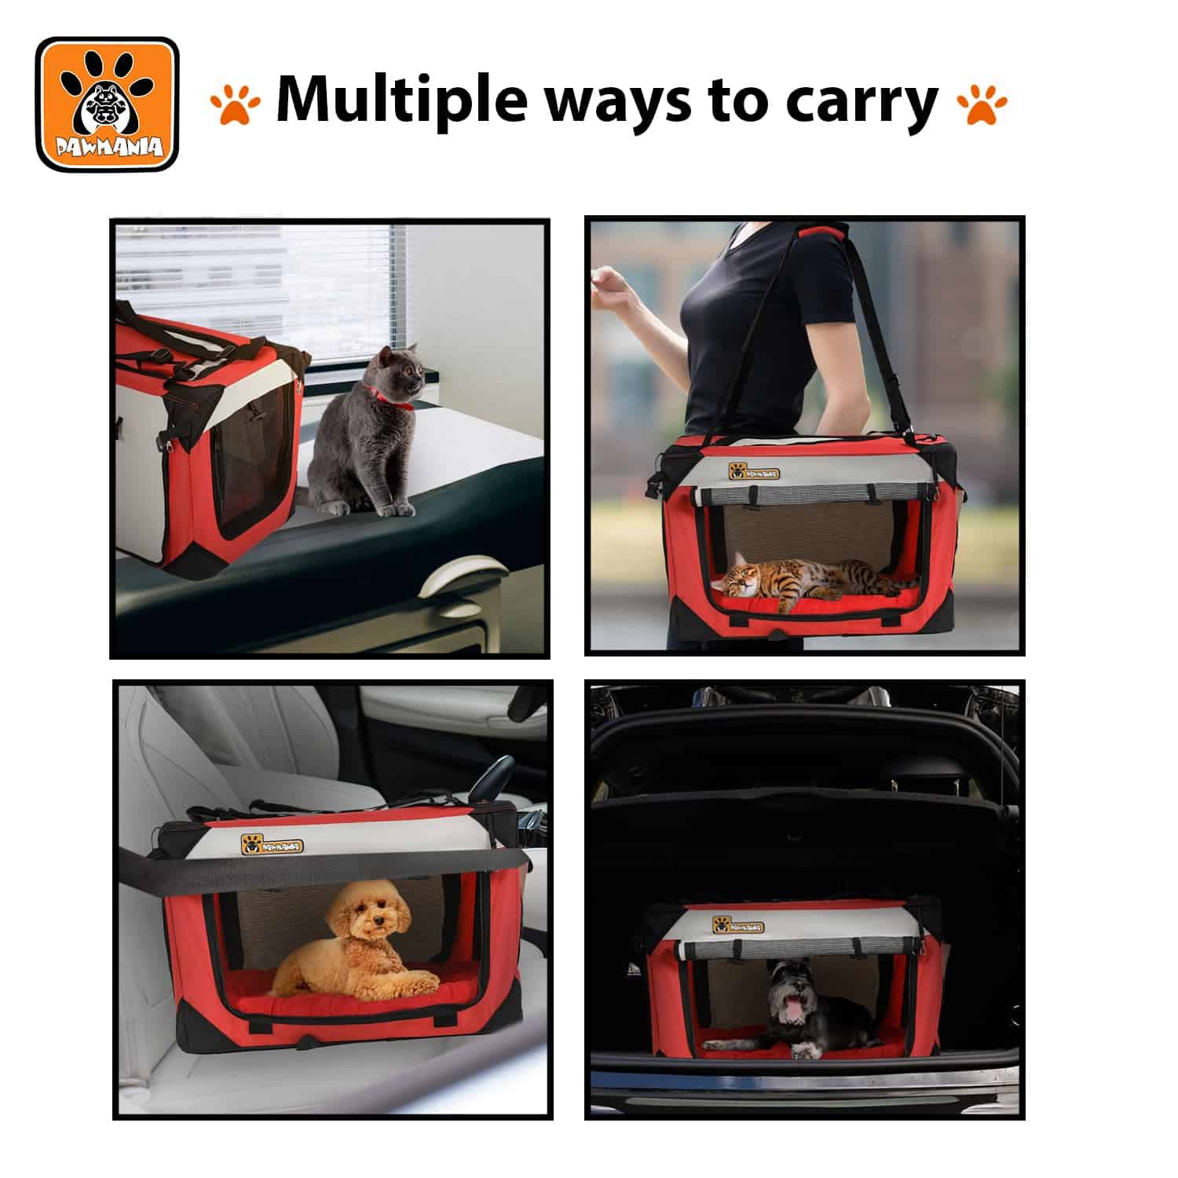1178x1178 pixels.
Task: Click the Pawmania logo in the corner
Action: (x=108, y=104)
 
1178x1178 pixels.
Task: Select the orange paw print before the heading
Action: (x=235, y=105)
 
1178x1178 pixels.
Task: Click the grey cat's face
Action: (x=392, y=373)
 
